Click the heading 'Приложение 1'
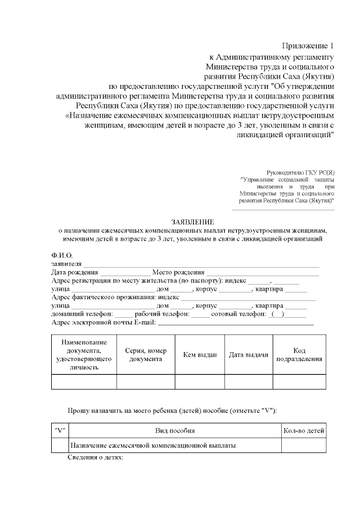(x=308, y=46)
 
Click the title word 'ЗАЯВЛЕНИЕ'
(x=192, y=222)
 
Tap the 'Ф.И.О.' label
(x=62, y=255)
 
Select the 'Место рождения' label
(x=178, y=272)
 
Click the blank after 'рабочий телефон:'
(x=200, y=314)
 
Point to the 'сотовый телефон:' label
(x=240, y=314)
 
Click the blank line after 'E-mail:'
(x=236, y=323)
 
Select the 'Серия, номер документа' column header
(x=146, y=354)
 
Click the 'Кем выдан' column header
(x=200, y=355)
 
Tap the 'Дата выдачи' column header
(x=249, y=355)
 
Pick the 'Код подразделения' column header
(x=299, y=354)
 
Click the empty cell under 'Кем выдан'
(x=200, y=382)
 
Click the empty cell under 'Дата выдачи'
(x=249, y=382)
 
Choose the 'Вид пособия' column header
(x=175, y=430)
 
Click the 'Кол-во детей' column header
(x=303, y=430)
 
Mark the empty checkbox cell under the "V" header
(x=59, y=445)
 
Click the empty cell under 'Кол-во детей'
(x=303, y=445)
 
